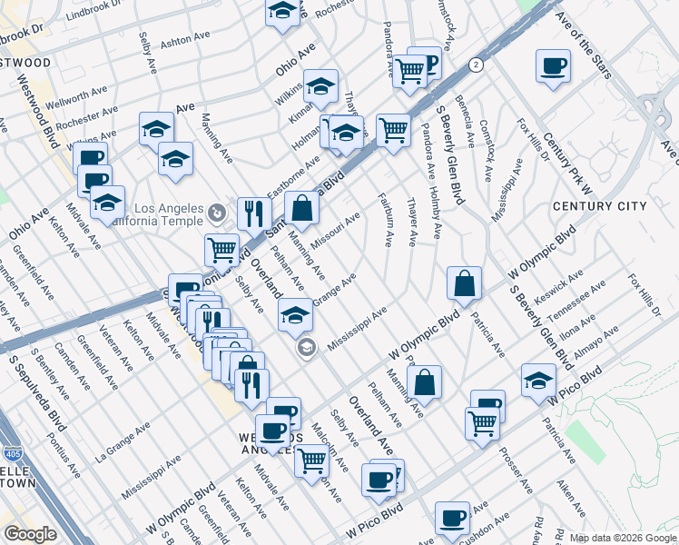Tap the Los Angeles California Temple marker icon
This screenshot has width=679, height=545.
point(216,213)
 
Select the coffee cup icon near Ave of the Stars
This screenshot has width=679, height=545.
point(553,66)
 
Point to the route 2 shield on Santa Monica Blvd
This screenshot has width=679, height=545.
point(475,64)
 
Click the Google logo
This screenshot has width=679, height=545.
point(30,534)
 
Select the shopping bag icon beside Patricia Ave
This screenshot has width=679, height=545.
point(464,283)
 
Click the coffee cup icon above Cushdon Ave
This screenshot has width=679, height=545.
point(451,519)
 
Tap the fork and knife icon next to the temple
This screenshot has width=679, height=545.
point(254,213)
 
